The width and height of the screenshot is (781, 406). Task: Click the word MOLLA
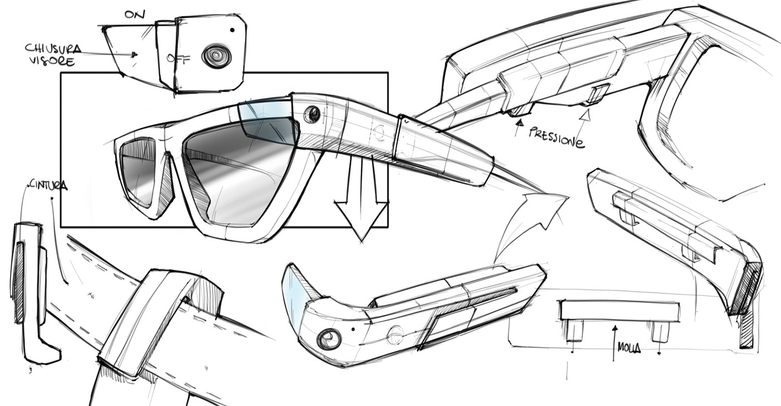coord(629,349)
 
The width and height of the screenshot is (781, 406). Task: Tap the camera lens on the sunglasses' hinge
coord(312,114)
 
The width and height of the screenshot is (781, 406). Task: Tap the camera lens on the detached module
coord(329,338)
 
